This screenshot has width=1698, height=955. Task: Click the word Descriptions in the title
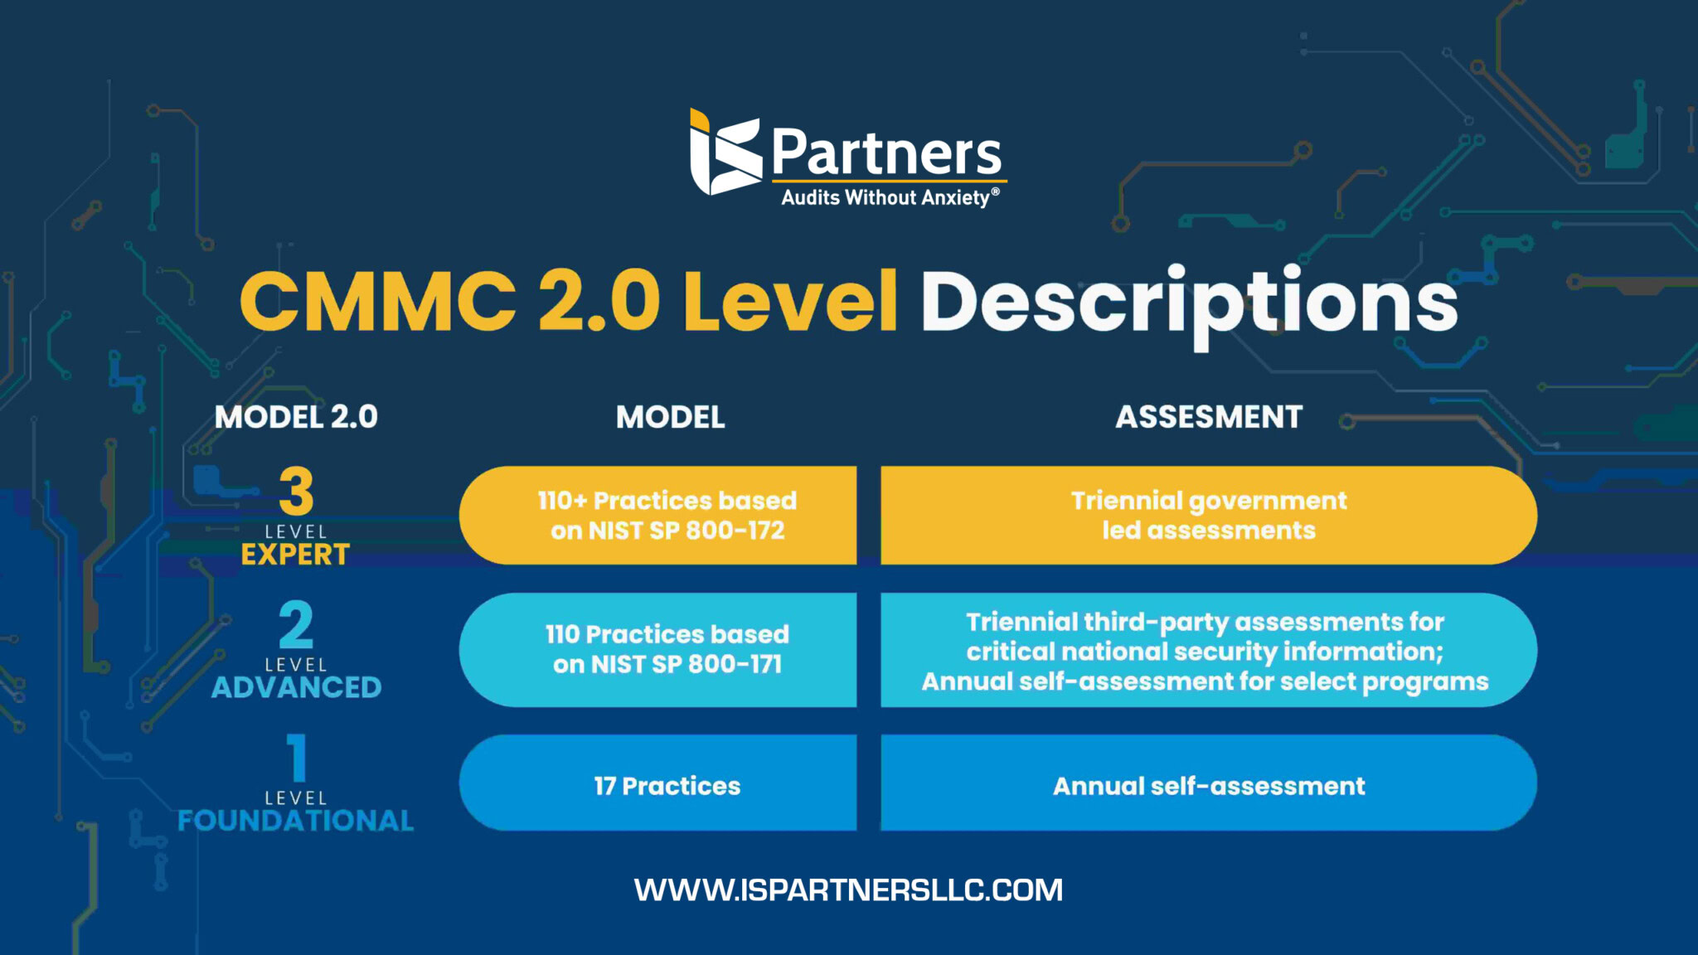point(1189,302)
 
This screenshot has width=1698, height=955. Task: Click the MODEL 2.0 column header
point(296,417)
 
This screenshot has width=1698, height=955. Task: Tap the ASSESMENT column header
point(1209,417)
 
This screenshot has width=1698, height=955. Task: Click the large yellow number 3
point(296,492)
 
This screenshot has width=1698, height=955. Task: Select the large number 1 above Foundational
point(297,758)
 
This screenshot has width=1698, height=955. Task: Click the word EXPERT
point(296,555)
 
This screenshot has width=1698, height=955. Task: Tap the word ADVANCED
point(296,687)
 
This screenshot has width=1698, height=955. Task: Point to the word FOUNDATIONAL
point(296,821)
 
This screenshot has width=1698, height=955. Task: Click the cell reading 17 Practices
point(667,786)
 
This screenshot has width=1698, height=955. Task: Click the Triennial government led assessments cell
point(1209,515)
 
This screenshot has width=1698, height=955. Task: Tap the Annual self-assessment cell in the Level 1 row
point(1209,786)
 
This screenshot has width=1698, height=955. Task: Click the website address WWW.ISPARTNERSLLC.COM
point(848,890)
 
